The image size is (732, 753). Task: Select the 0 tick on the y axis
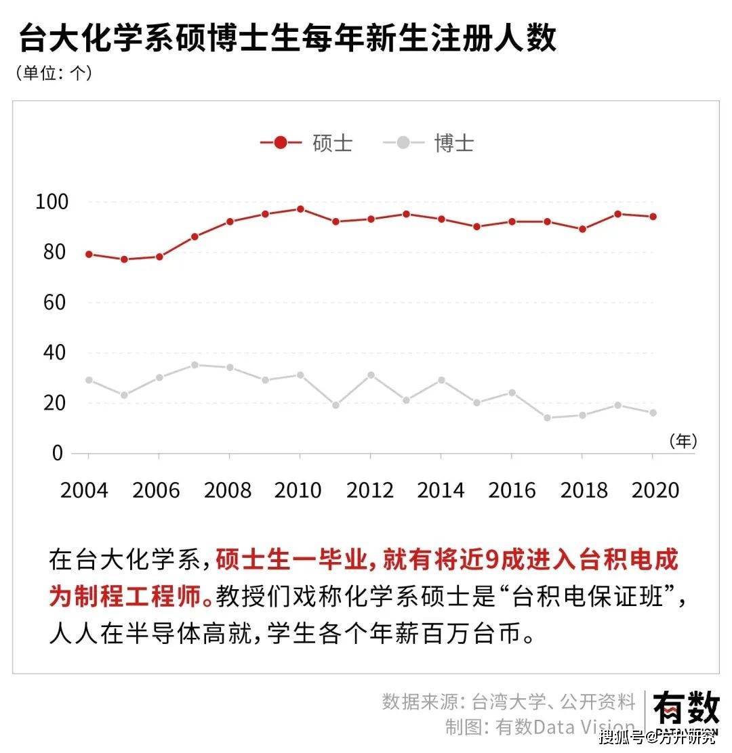coord(57,453)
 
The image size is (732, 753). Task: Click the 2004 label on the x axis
coord(84,490)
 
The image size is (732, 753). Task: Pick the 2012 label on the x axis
coord(370,490)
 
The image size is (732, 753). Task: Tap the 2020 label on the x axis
coord(655,490)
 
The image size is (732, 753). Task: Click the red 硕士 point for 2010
coord(300,209)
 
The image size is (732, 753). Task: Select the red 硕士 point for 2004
coord(89,255)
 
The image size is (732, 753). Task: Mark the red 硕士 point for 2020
coord(653,217)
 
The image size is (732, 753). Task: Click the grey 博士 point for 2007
coord(195,365)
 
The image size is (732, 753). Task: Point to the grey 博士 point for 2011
coord(335,405)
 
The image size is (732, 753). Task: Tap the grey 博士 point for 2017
coord(547,418)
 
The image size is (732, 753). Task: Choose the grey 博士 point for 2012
coord(371,375)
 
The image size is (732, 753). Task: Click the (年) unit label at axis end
coord(683,442)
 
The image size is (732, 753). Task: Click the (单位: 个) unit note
coord(54,73)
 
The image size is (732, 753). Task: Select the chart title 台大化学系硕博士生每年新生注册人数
coord(287,38)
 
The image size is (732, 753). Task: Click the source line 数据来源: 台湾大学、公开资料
coord(508,702)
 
